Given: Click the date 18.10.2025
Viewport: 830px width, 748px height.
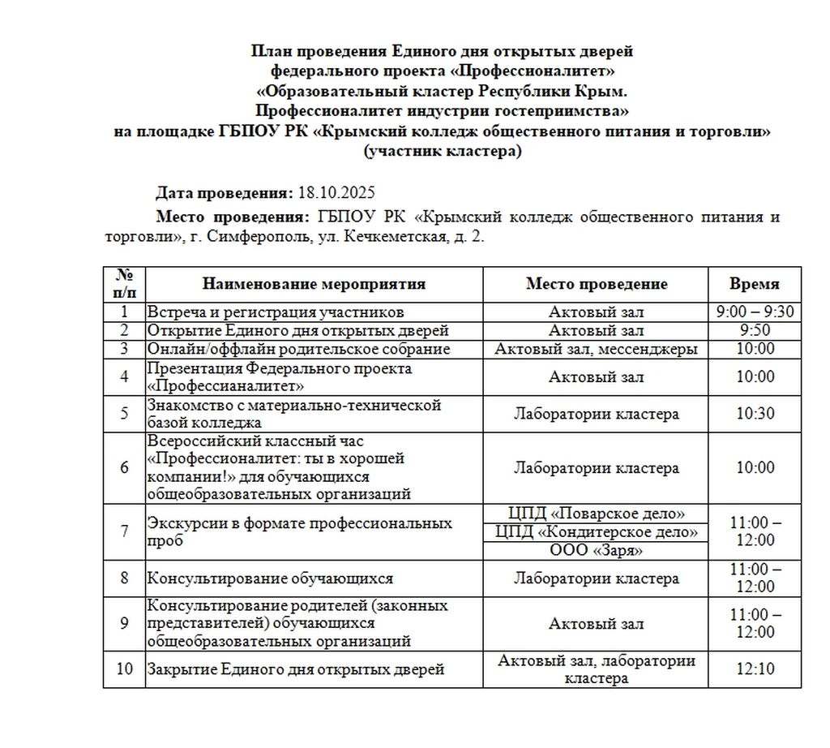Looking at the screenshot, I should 336,193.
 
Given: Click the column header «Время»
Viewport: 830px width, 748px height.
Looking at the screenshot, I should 754,284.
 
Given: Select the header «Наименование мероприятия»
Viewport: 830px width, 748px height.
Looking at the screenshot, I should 314,284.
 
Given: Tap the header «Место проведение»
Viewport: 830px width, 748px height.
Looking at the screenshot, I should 597,284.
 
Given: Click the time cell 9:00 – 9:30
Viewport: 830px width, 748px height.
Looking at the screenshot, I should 755,312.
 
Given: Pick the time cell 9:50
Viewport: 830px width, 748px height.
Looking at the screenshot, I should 755,330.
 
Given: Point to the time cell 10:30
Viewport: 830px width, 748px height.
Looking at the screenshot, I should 755,413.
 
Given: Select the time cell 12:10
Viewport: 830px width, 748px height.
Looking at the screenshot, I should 755,669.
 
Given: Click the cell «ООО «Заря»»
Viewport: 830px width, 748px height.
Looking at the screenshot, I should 597,550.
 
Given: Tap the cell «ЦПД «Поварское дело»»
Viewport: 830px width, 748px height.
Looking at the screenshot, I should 597,514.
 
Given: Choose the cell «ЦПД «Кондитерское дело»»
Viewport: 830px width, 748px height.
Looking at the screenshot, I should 597,532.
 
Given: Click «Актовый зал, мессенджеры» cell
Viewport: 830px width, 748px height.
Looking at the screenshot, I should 597,349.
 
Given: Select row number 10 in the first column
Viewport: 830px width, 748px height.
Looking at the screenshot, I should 124,669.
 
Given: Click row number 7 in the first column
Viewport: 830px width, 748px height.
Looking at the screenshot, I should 124,531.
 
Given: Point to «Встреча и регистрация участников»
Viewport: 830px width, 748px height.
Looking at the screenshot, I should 275,312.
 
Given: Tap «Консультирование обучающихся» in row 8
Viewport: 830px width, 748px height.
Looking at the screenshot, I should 269,578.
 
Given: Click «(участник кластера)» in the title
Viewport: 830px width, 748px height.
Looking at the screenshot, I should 443,151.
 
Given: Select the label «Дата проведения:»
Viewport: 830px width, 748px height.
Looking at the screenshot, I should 224,193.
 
